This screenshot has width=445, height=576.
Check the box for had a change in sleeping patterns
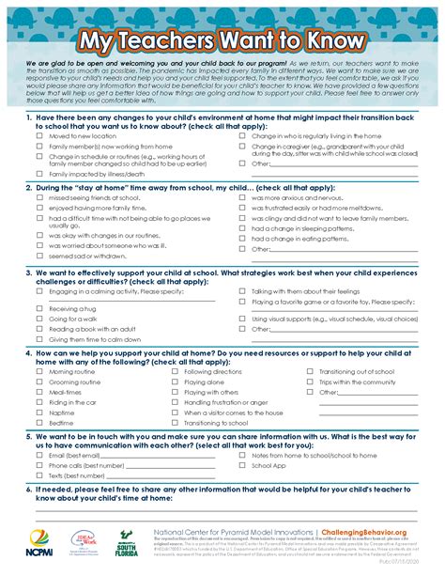tap(242, 227)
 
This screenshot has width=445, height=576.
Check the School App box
tap(242, 465)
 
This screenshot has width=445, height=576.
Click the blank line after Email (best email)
tap(160, 456)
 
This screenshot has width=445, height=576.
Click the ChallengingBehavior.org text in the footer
tap(374, 531)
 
